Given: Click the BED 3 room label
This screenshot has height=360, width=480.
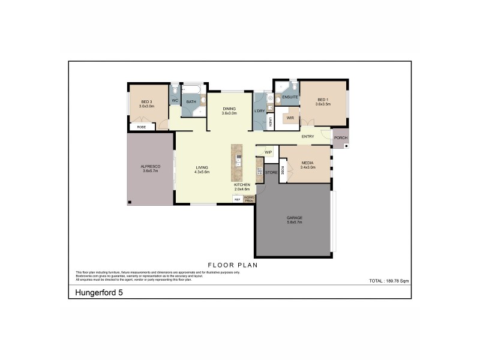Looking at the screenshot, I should (x=148, y=102).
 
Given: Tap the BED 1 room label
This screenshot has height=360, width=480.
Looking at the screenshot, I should (x=323, y=100).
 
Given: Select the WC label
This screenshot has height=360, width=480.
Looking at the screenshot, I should (x=175, y=100).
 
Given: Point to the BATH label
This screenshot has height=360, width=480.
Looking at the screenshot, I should (x=191, y=102).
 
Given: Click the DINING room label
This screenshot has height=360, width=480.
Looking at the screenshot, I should (x=229, y=109).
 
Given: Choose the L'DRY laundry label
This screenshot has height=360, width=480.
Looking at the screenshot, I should (x=260, y=110).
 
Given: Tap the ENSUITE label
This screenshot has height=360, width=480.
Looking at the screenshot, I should (x=290, y=97).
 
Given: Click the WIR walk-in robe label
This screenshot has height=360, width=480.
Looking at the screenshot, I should (x=290, y=118).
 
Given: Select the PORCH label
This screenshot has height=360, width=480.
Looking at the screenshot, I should (x=341, y=137).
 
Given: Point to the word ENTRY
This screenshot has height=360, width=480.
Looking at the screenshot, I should (x=308, y=137).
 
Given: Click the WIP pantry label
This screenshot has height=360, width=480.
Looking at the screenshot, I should (x=268, y=152).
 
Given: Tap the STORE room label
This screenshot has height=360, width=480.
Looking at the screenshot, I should (x=271, y=172).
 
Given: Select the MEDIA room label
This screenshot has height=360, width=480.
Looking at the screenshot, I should (x=307, y=163).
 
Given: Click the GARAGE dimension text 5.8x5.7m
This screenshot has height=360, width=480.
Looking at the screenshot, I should (x=294, y=223).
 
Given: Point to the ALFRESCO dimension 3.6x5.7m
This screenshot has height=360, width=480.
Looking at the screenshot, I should (x=149, y=171).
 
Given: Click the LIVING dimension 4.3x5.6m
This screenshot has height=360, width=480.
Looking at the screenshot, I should (x=202, y=172).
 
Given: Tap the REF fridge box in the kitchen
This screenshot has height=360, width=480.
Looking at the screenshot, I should (x=237, y=199).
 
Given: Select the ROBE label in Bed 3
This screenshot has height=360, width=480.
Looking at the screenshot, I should (x=141, y=127).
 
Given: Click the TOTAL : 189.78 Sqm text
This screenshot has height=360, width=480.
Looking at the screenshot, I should (x=388, y=281).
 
